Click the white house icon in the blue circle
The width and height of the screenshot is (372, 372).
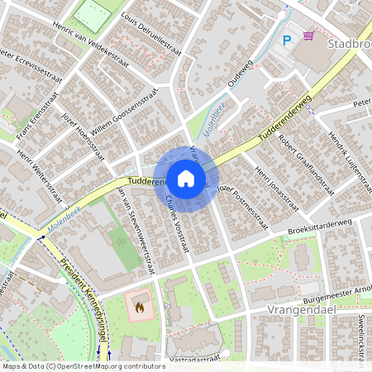(186, 178)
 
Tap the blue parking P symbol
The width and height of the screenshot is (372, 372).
(288, 40)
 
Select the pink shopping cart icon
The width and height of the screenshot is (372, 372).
(308, 37)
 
